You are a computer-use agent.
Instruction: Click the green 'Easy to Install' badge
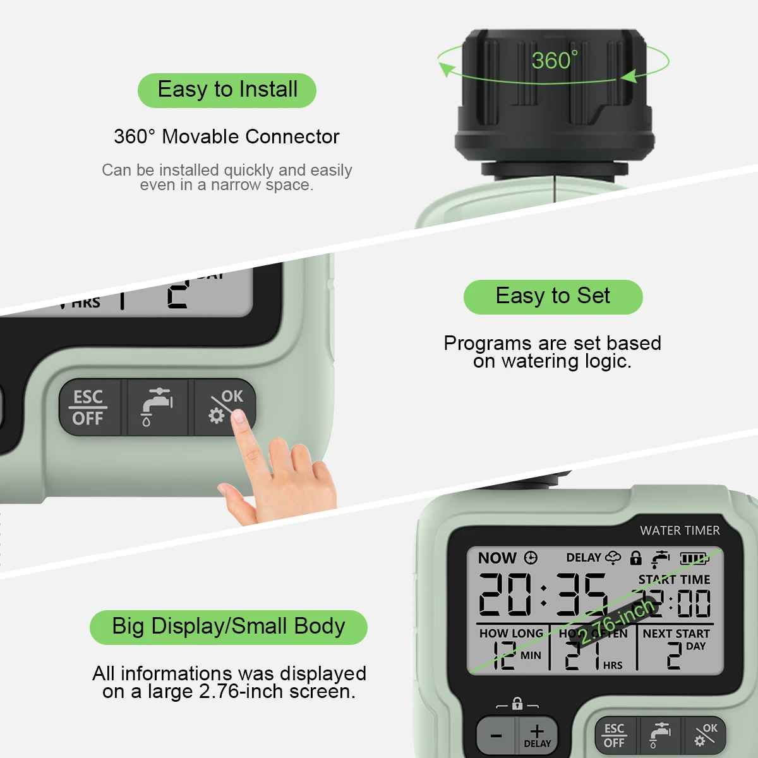click(x=227, y=90)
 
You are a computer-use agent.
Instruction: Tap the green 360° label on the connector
click(x=554, y=61)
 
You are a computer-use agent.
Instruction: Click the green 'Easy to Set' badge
click(x=553, y=296)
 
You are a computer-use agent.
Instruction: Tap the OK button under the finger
click(x=225, y=407)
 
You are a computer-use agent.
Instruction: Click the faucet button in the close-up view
click(x=157, y=407)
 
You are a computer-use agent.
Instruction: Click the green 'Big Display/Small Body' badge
click(x=228, y=627)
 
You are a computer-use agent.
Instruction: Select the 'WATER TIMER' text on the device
click(x=680, y=531)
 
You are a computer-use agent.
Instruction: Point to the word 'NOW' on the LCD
click(x=497, y=558)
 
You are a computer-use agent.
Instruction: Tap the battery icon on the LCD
click(x=694, y=558)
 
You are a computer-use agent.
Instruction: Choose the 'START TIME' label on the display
click(x=674, y=579)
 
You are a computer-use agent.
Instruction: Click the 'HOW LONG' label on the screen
click(x=511, y=633)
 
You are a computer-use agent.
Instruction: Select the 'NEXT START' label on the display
click(x=676, y=633)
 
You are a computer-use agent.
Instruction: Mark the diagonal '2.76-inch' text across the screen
click(x=616, y=622)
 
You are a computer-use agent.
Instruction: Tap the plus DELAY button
click(x=537, y=735)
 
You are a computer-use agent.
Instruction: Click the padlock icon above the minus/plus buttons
click(x=517, y=704)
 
